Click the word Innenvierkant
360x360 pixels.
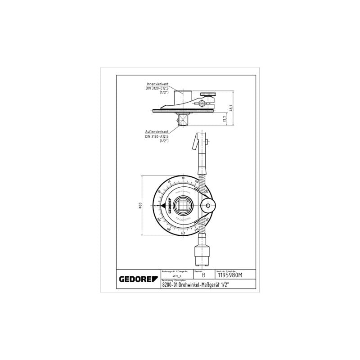[157, 84]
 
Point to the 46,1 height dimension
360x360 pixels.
[231, 108]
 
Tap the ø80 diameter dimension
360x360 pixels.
[140, 205]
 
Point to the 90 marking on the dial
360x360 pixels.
[183, 178]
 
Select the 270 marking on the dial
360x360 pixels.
[183, 234]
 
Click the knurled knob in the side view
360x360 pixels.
[208, 94]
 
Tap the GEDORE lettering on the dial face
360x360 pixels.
[165, 205]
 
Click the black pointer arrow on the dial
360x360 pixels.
[157, 206]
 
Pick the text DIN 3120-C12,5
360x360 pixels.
[157, 89]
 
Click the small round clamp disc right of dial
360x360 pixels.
[208, 206]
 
